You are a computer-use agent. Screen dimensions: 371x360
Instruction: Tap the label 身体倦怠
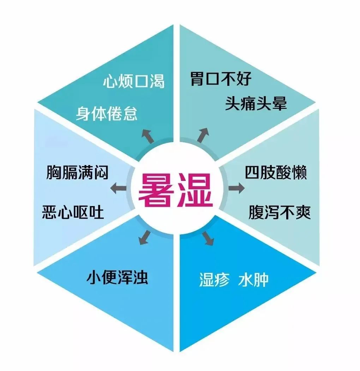point(107,114)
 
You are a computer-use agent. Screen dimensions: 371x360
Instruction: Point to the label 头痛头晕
point(256,104)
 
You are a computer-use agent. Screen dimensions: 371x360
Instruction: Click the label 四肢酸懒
point(276,173)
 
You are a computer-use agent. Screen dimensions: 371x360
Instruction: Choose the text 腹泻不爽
point(279,212)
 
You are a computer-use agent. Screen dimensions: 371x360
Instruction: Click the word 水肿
point(253,280)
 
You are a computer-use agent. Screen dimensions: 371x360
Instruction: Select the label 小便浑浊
point(117,278)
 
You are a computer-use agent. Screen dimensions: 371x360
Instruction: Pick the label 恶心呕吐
point(73,212)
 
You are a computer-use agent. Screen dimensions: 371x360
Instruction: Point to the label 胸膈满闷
point(77,173)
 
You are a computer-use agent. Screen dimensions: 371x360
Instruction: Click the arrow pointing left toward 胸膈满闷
point(118,188)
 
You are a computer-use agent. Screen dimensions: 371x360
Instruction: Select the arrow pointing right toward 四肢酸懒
point(236,188)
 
